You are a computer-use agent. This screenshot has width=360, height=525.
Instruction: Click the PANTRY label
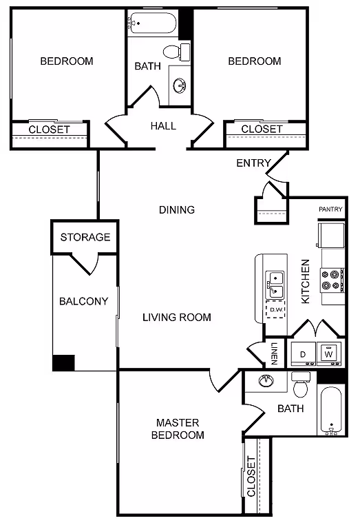[330, 209]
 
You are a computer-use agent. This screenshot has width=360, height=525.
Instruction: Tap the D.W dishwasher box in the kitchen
[277, 310]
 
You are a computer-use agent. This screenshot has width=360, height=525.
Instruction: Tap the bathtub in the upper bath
[151, 24]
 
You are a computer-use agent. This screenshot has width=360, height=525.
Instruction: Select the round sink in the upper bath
[180, 85]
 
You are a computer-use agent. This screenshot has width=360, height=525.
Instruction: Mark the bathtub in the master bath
[331, 411]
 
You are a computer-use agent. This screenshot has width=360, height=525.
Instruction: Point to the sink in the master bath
[266, 381]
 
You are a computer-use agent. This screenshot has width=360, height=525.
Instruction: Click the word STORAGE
[85, 237]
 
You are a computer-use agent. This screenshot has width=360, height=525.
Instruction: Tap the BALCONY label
[83, 301]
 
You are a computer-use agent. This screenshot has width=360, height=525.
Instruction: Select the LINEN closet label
[274, 353]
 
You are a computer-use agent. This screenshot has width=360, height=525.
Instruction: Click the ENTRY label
[253, 163]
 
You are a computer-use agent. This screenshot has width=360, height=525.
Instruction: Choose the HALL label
[163, 126]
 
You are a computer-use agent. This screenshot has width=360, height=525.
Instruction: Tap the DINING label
[177, 209]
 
